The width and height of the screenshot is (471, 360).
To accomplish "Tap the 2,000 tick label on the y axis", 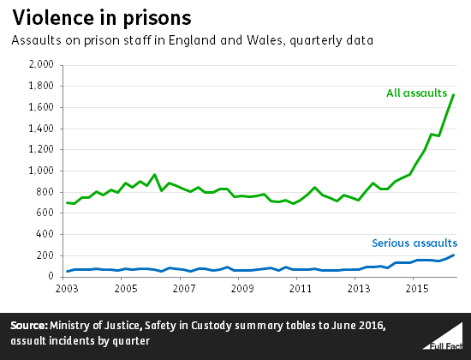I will (42, 64).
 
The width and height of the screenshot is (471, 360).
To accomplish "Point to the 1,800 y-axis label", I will (42, 86).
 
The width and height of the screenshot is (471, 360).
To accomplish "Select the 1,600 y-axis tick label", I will (42, 107).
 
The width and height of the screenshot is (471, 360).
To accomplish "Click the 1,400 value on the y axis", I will (42, 128).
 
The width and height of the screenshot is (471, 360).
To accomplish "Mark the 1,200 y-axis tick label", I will (42, 149).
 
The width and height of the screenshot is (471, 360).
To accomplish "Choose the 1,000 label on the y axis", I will (42, 171).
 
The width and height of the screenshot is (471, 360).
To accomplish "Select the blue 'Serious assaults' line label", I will (413, 243).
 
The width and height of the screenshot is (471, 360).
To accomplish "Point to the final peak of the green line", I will (453, 94).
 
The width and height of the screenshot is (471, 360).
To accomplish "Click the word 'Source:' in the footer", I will (33, 326).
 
